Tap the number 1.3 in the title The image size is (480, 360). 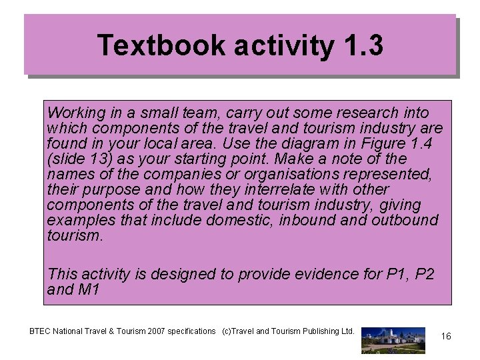tap(365, 46)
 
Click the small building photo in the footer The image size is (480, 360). tap(393, 339)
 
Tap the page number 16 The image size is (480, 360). tap(446, 337)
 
